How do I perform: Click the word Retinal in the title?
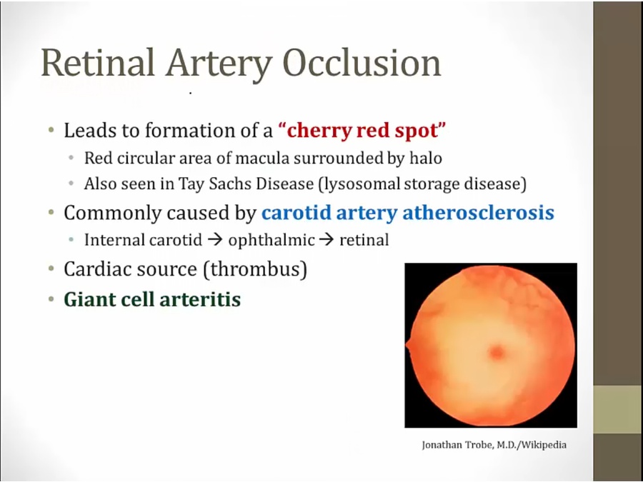[98, 63]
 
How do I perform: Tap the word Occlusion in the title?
[362, 63]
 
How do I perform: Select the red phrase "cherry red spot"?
[362, 131]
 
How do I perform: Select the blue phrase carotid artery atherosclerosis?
[408, 213]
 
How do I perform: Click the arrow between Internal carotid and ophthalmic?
[215, 240]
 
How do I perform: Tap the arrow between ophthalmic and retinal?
[327, 240]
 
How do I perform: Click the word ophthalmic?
[271, 240]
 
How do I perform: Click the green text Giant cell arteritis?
[152, 299]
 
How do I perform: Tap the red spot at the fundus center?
[497, 352]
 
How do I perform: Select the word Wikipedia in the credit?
[544, 445]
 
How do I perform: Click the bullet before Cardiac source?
[51, 269]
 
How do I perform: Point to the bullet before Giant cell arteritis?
[51, 299]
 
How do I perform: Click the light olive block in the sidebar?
[618, 409]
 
